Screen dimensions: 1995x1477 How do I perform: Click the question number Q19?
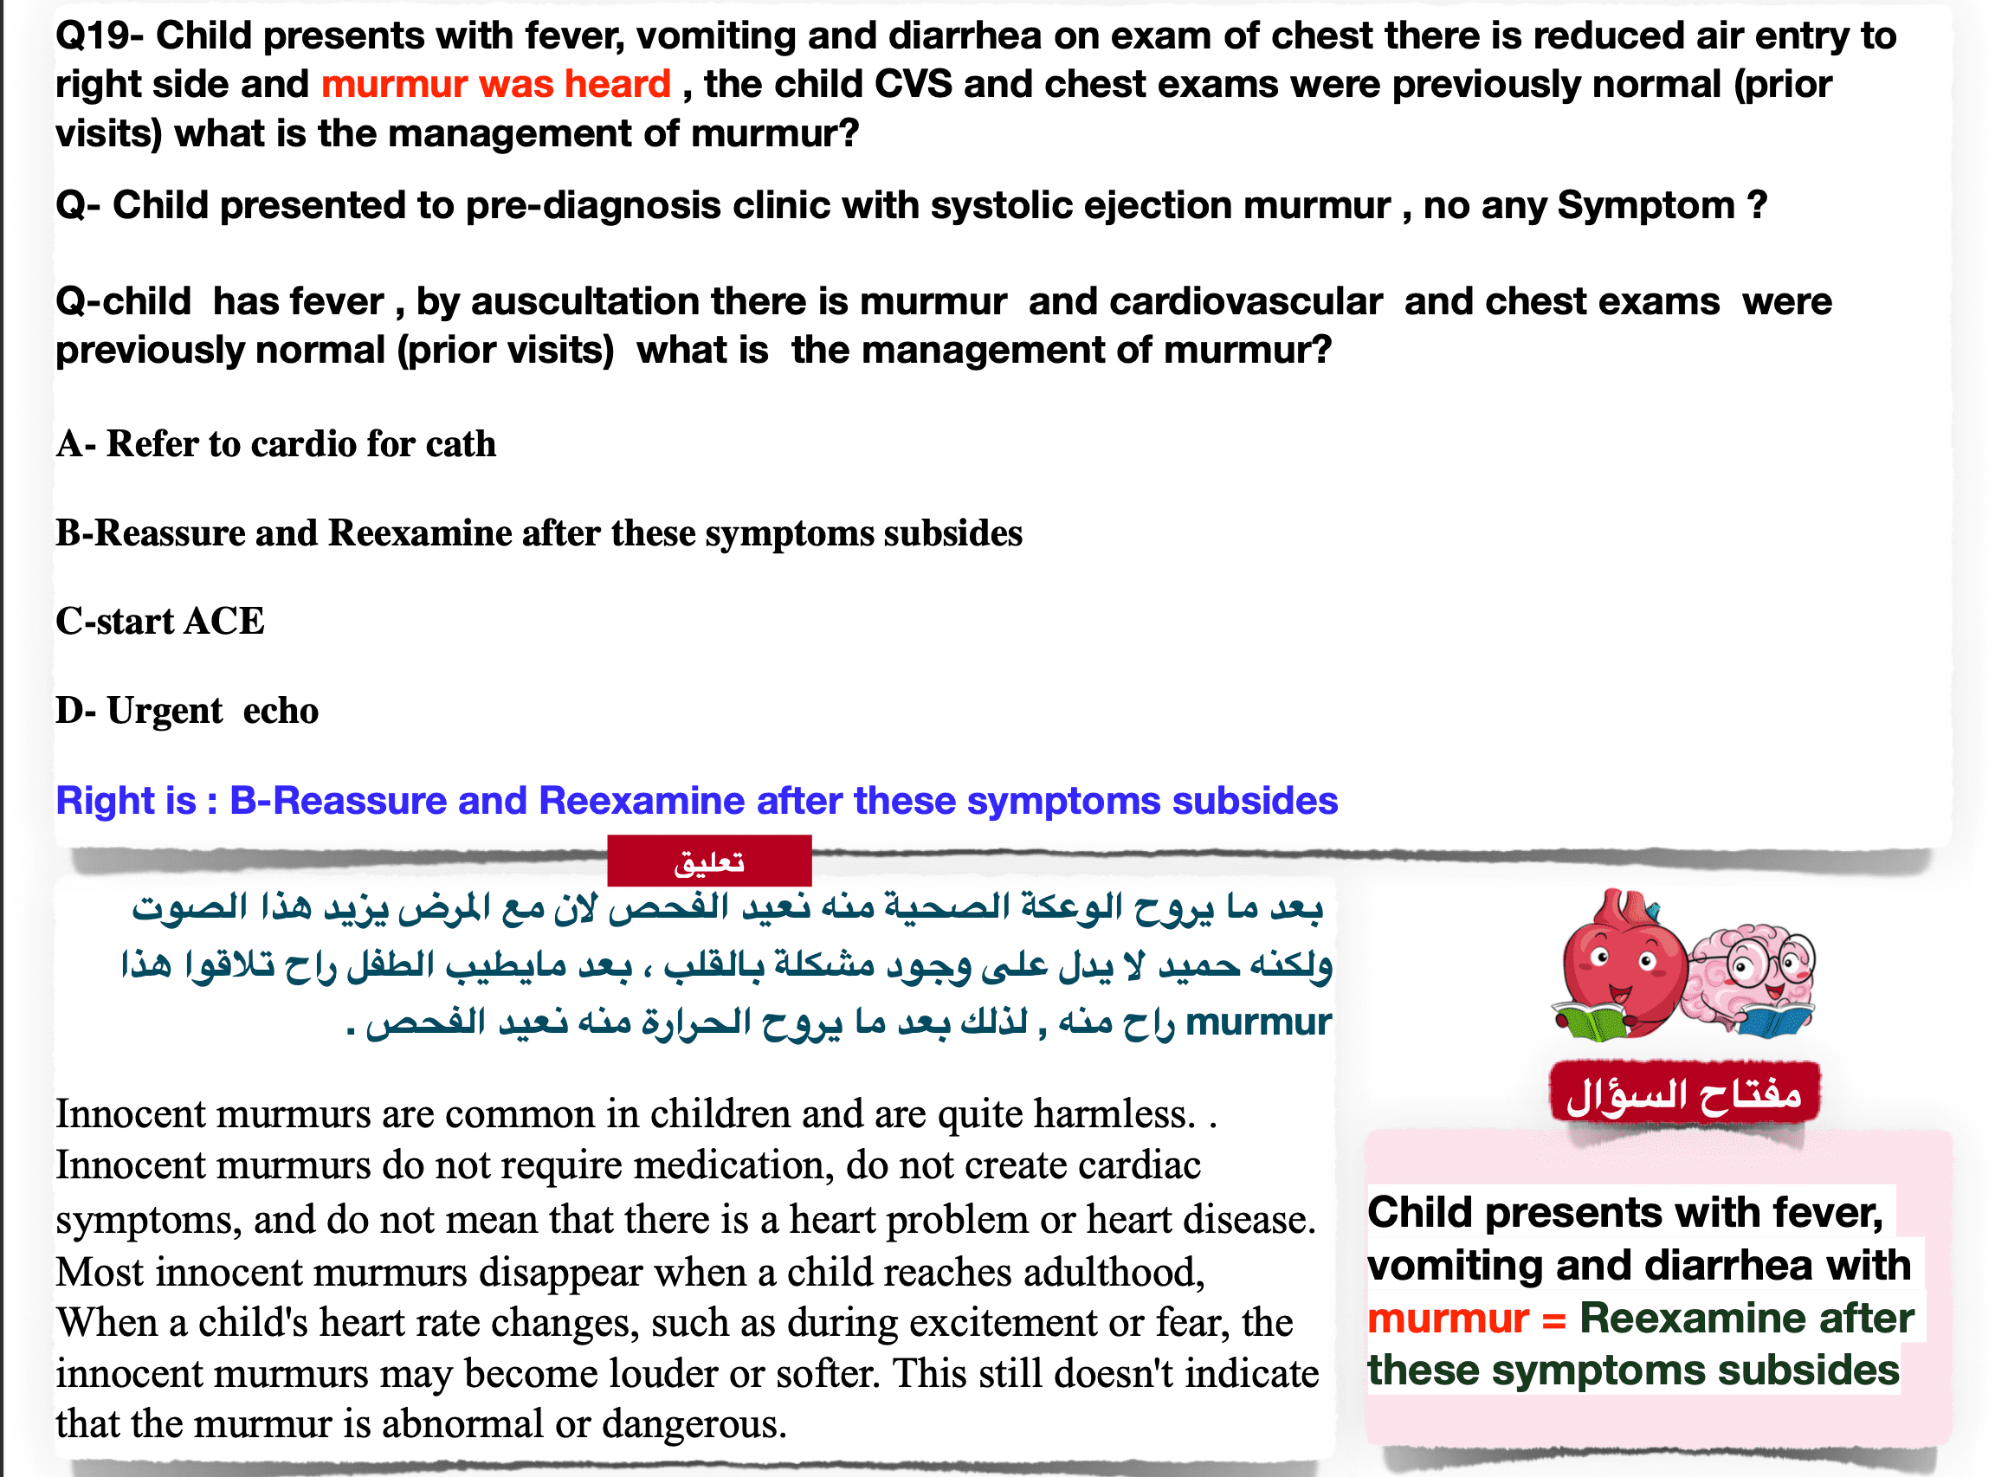[x=92, y=35]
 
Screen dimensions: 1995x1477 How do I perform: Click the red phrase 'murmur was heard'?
[x=495, y=84]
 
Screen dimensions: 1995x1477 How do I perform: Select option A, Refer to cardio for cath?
[x=275, y=443]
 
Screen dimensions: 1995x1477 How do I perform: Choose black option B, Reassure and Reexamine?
[x=539, y=532]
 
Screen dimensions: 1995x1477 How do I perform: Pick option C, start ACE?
[x=160, y=621]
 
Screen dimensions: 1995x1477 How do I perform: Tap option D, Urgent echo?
[x=187, y=711]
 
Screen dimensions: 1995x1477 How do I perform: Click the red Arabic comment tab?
[x=709, y=861]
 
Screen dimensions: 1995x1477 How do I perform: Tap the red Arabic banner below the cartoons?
[x=1685, y=1092]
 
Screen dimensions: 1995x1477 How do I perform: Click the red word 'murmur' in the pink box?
[x=1448, y=1319]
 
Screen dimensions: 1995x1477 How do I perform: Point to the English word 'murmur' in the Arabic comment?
[x=1258, y=1022]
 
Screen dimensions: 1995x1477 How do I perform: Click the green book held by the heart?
[x=1593, y=1021]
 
